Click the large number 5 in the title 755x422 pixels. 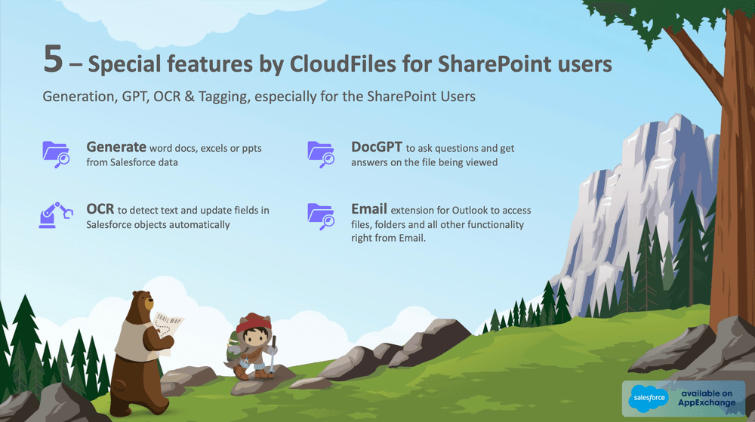pos(52,60)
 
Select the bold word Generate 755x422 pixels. pos(116,146)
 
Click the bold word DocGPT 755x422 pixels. pos(377,146)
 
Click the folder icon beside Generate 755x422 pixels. pos(56,152)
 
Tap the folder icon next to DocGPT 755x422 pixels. pos(321,152)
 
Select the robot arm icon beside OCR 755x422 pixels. pos(56,215)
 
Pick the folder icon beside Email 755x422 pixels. pos(321,215)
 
